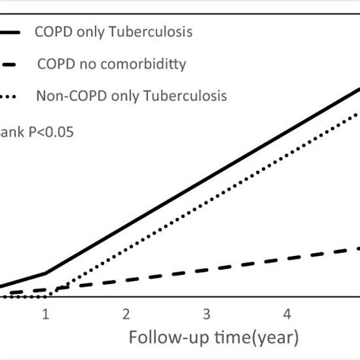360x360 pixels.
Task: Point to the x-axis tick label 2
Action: click(126, 314)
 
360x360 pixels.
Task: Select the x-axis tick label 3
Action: click(207, 314)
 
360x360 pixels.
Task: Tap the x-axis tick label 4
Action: click(287, 314)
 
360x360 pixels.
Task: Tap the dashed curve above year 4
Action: click(287, 258)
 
